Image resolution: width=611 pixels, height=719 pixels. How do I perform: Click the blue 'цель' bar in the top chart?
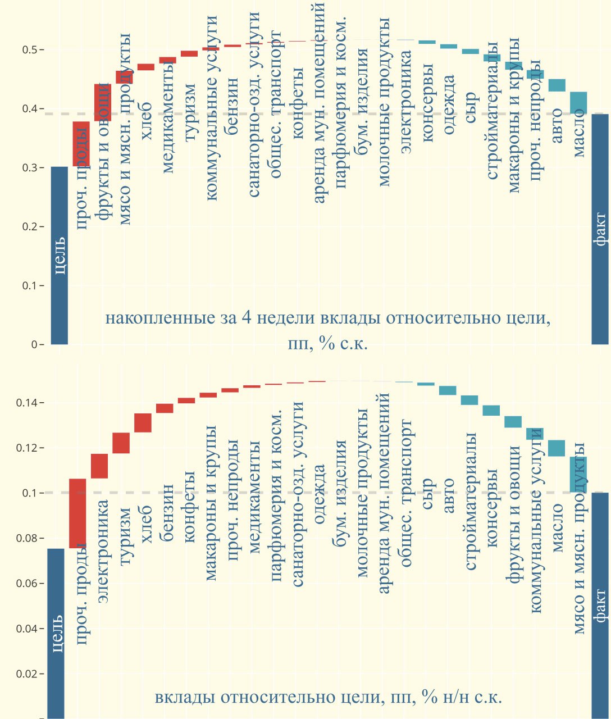(x=59, y=256)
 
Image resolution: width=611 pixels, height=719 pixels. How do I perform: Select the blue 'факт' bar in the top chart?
(x=600, y=229)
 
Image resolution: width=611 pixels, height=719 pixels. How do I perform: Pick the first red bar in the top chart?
(x=81, y=144)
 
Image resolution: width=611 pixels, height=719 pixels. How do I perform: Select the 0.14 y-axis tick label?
(x=26, y=403)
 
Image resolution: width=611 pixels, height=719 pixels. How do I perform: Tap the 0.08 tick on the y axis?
(x=26, y=538)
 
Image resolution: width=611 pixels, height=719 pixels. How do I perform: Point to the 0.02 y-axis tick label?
(x=26, y=674)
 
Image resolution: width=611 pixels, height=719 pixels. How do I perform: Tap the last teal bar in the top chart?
(x=578, y=103)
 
